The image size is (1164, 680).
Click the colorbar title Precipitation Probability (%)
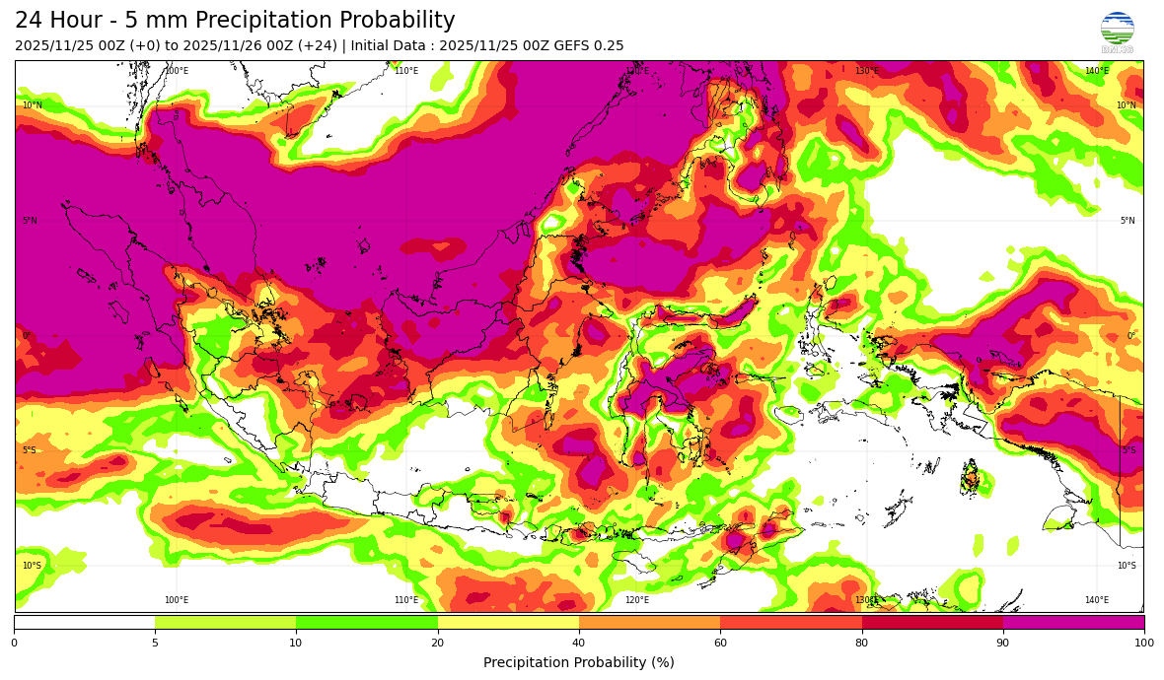pyautogui.click(x=579, y=662)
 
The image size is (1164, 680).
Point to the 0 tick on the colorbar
pyautogui.click(x=14, y=643)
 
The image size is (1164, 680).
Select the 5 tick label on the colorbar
pyautogui.click(x=155, y=643)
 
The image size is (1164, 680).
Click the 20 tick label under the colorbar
pyautogui.click(x=437, y=643)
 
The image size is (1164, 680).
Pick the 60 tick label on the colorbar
pyautogui.click(x=720, y=643)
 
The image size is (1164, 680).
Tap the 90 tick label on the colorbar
pyautogui.click(x=1003, y=643)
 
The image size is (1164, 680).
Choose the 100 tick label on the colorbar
pyautogui.click(x=1143, y=643)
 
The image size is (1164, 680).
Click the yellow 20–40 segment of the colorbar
pyautogui.click(x=508, y=622)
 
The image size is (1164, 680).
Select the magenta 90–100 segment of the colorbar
pyautogui.click(x=1073, y=622)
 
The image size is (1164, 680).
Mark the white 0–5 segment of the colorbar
pyautogui.click(x=84, y=622)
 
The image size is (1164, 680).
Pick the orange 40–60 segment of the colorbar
pyautogui.click(x=649, y=622)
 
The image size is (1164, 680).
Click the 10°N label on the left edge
pyautogui.click(x=32, y=105)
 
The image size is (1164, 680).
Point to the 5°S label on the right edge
pyautogui.click(x=1128, y=450)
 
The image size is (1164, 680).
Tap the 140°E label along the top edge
pyautogui.click(x=1096, y=71)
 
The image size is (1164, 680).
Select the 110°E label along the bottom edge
pyautogui.click(x=406, y=600)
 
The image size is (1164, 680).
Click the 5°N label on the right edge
pyautogui.click(x=1127, y=221)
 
